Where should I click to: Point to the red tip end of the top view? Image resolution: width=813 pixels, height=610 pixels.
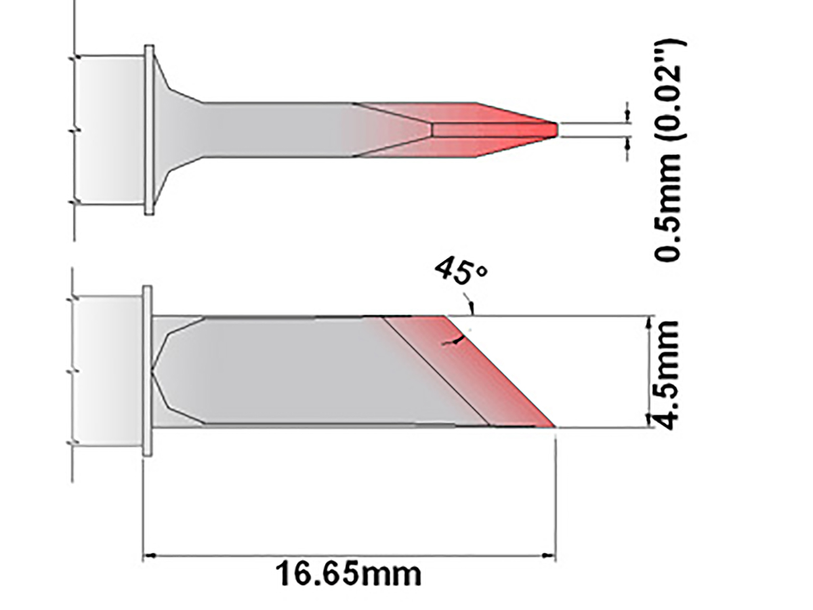coord(554,128)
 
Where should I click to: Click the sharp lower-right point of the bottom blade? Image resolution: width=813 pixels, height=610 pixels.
coord(554,426)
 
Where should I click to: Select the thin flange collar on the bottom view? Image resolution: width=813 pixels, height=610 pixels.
coord(147,371)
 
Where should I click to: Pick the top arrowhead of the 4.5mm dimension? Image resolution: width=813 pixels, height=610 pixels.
coord(650,321)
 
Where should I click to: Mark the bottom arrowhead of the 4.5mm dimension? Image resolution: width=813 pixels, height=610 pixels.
coord(650,422)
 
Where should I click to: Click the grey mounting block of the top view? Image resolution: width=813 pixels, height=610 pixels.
coord(109,129)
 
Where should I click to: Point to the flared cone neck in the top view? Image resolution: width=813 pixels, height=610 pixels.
coord(176,129)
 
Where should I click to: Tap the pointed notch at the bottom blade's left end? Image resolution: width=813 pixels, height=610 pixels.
coord(154,371)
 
